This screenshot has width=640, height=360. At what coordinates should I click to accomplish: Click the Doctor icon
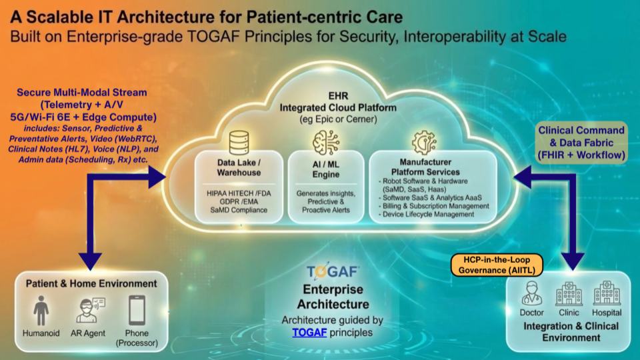point(531,293)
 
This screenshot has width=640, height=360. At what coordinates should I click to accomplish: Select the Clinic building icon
point(569,293)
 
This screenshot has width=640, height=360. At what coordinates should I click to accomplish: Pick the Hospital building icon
point(606,293)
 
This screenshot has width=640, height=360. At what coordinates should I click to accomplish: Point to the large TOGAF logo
point(333,272)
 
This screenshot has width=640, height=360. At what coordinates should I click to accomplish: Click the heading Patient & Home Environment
point(91,283)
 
